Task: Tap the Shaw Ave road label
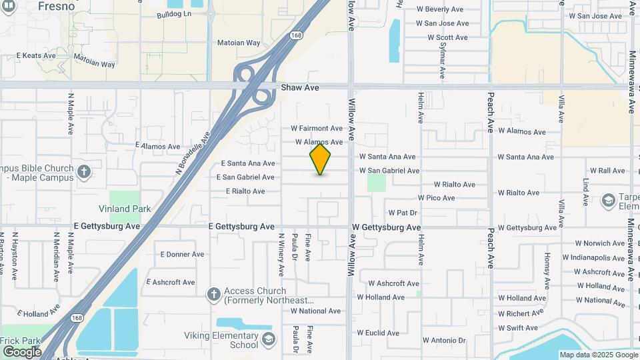pos(300,87)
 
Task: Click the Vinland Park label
pos(125,209)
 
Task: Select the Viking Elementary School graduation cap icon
pos(268,340)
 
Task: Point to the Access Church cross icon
pos(213,295)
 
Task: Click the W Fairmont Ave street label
pos(317,128)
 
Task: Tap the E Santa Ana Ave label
pos(248,163)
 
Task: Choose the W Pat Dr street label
pos(403,213)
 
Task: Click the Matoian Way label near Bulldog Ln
pos(239,43)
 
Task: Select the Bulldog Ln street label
pos(173,14)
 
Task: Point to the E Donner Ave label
pos(183,254)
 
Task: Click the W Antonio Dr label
pos(444,341)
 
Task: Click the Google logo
pos(22,351)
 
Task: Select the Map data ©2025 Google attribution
pos(598,355)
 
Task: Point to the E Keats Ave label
pos(35,55)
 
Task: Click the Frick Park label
pos(21,341)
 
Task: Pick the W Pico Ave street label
pos(436,198)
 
